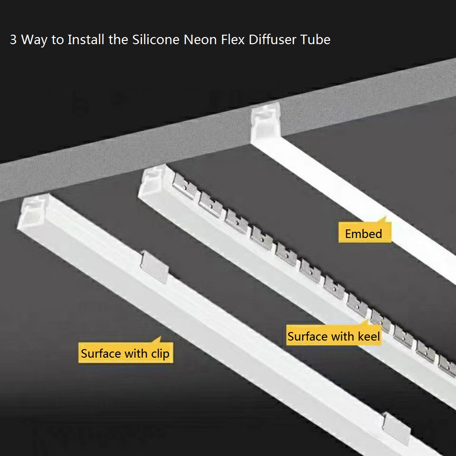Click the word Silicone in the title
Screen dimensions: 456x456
pyautogui.click(x=156, y=39)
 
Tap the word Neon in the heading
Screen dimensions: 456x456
pyautogui.click(x=200, y=39)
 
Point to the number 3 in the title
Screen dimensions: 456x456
pyautogui.click(x=13, y=39)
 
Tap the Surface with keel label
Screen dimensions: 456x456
pyautogui.click(x=333, y=335)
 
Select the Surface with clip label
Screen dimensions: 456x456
pyautogui.click(x=125, y=352)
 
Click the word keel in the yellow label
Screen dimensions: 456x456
pyautogui.click(x=369, y=336)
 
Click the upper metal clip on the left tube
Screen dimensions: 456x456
pyautogui.click(x=154, y=267)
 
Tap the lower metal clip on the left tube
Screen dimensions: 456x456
pyautogui.click(x=396, y=428)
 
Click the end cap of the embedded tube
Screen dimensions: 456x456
pyautogui.click(x=266, y=122)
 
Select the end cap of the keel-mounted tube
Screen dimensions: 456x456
pyautogui.click(x=153, y=181)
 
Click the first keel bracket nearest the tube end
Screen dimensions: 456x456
pyautogui.click(x=185, y=186)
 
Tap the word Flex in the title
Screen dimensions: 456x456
pyautogui.click(x=233, y=39)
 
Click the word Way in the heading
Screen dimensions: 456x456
pyautogui.click(x=34, y=40)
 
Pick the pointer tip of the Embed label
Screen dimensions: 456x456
pyautogui.click(x=386, y=217)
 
